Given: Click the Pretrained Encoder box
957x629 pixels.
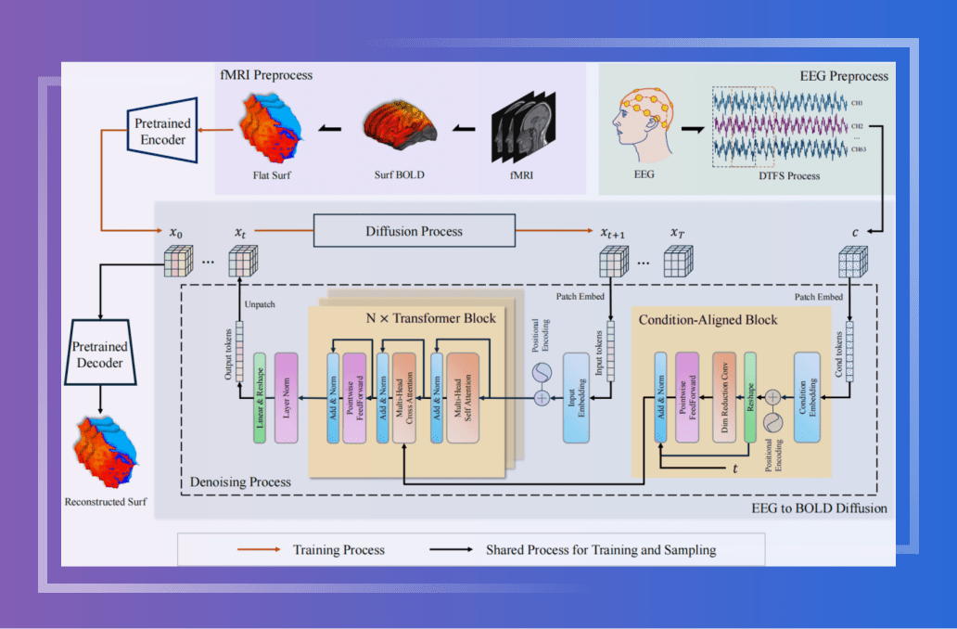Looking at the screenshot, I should coord(164,130).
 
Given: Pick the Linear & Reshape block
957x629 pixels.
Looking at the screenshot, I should coord(260,395).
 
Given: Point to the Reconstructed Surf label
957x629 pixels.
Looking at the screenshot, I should coord(106,502).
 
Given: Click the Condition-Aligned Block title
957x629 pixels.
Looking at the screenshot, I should coord(708,320).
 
